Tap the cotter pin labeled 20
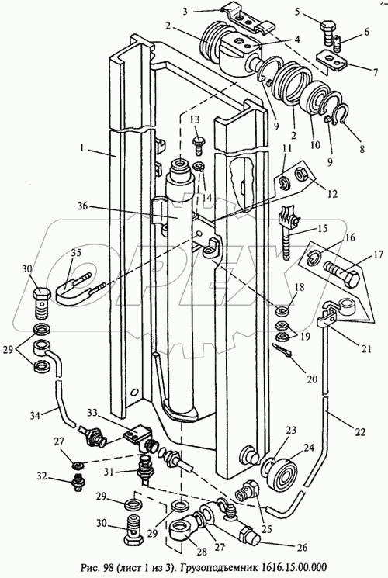[282, 351]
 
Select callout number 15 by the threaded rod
[321, 229]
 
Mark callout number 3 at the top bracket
[185, 11]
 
